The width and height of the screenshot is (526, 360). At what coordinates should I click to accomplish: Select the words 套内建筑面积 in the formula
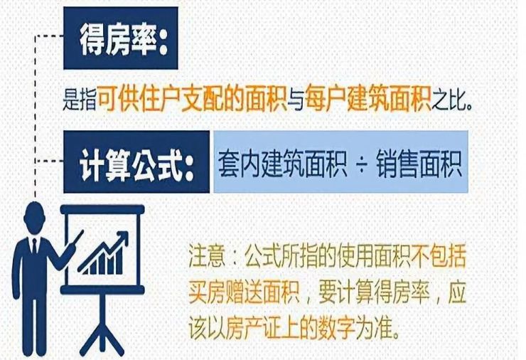[282, 164]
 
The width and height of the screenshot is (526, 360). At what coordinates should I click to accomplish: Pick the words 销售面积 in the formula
[419, 164]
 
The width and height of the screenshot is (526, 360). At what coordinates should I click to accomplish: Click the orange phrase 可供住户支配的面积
[191, 98]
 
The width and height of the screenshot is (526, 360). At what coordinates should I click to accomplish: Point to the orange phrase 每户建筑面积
[367, 98]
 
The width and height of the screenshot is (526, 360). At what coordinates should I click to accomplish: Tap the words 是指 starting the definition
[80, 99]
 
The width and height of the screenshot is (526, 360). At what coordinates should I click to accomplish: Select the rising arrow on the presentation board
[102, 250]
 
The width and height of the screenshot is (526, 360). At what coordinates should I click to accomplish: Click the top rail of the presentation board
[102, 210]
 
